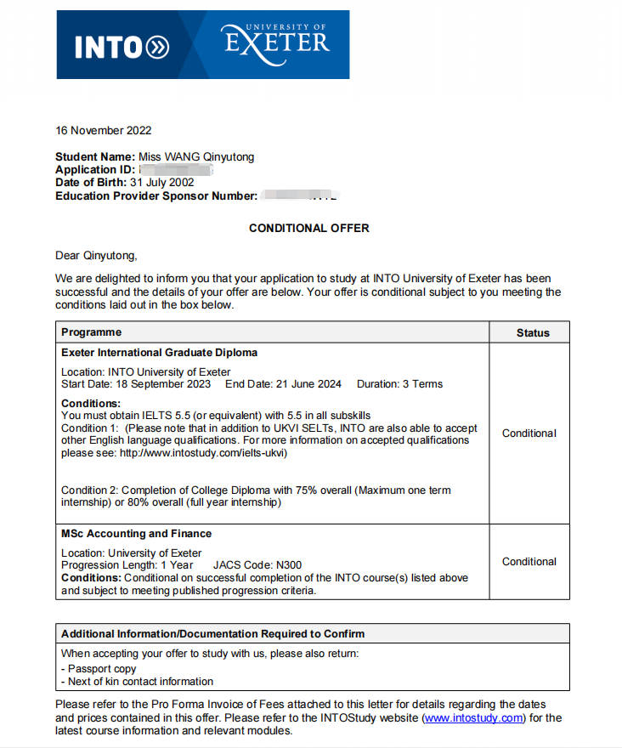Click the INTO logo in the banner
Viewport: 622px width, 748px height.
pos(122,47)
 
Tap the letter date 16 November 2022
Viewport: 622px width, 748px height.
pos(103,130)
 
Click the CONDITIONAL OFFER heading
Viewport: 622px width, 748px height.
pos(308,228)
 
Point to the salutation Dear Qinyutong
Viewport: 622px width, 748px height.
pos(95,255)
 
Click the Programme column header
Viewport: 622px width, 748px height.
pos(91,332)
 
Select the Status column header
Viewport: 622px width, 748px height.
pos(533,332)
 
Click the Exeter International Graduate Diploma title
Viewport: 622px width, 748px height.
pos(159,352)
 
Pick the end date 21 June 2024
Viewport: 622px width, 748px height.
pos(297,384)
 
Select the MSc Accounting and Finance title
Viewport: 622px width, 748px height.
pos(136,534)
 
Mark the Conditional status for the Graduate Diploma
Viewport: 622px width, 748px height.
pos(529,433)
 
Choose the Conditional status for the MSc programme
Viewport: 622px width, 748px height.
pos(529,562)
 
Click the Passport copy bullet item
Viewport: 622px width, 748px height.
pos(101,669)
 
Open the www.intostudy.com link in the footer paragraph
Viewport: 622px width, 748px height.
pos(473,718)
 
